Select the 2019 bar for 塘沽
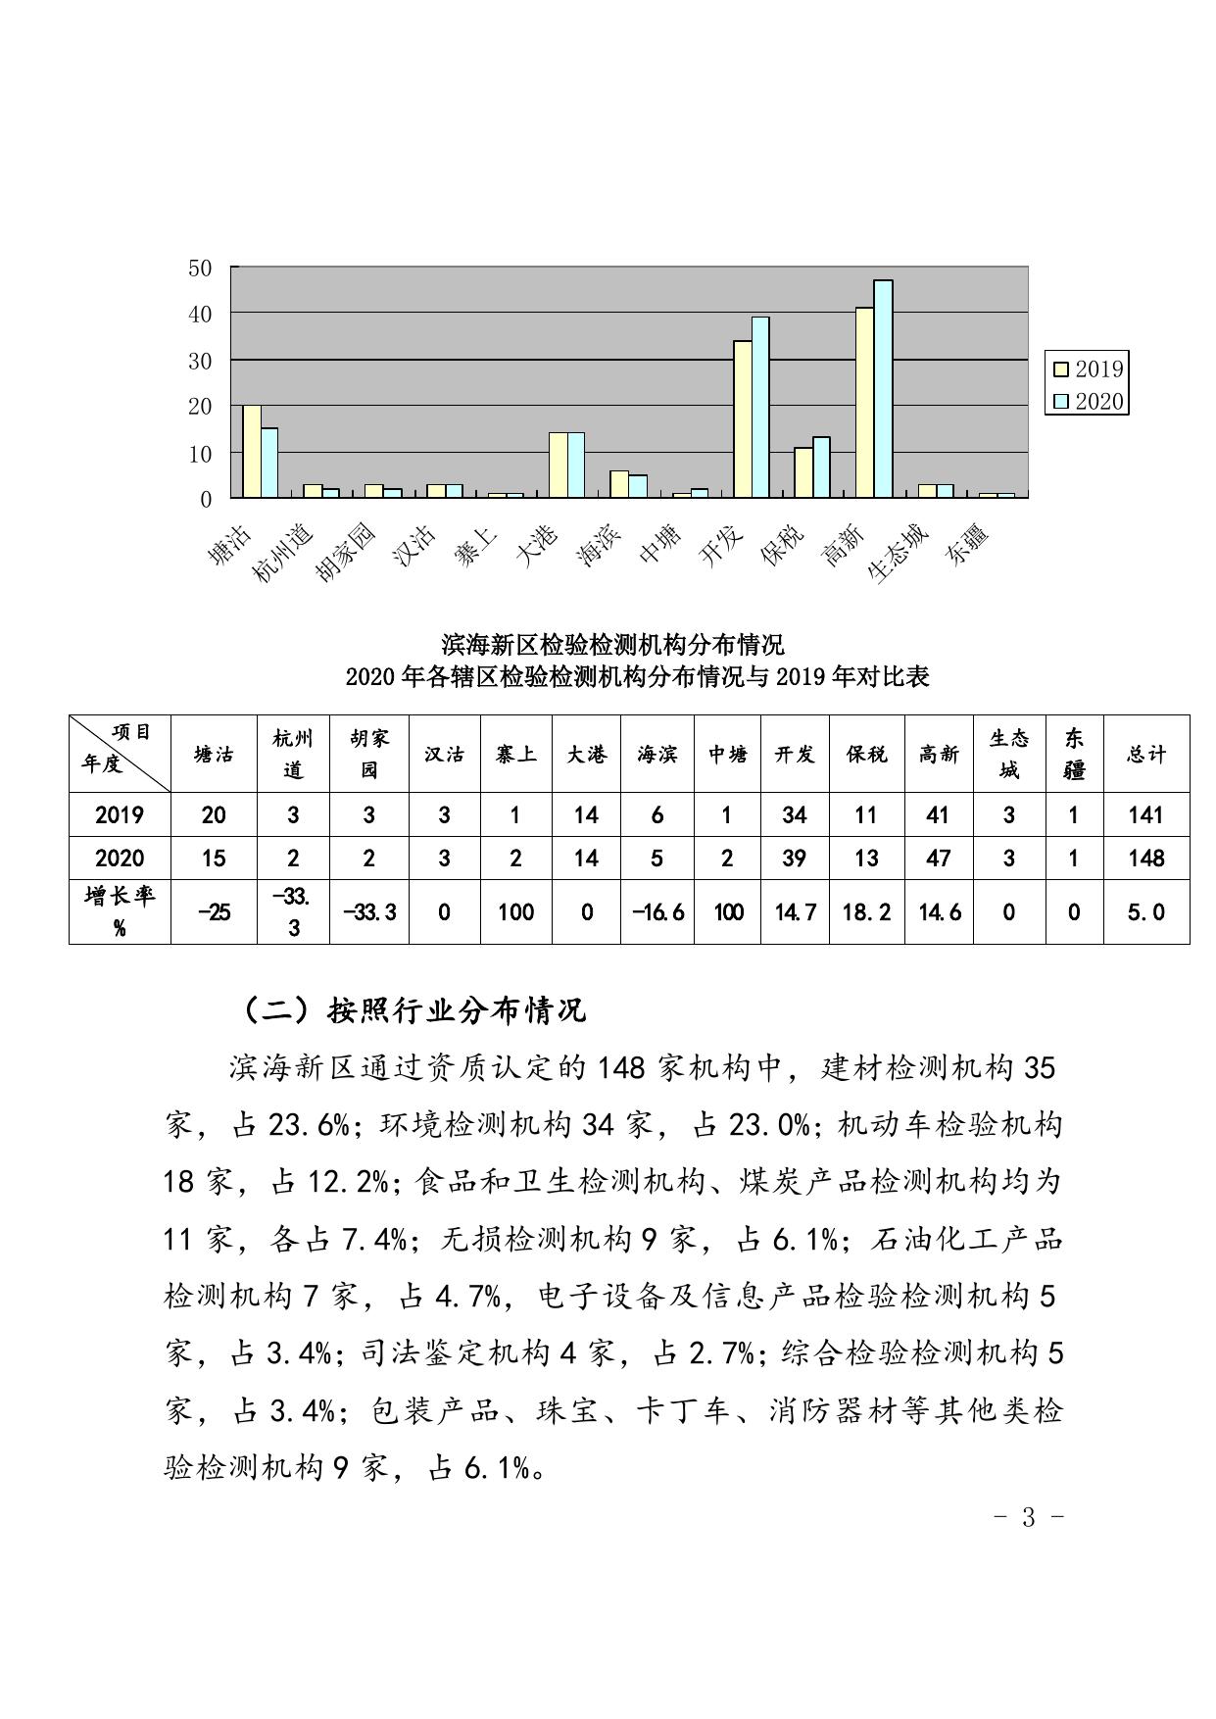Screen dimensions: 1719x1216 (x=252, y=451)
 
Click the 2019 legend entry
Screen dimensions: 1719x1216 (x=1088, y=369)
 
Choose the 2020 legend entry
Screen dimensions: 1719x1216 (x=1088, y=402)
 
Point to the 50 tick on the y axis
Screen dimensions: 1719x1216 (x=200, y=268)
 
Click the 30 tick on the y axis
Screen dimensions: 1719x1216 (x=200, y=361)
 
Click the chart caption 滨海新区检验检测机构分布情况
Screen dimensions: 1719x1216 (x=612, y=645)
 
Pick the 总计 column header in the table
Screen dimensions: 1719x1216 (x=1145, y=754)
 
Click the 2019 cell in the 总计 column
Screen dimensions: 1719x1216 (x=1145, y=814)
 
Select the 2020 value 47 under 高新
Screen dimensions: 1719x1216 (x=939, y=859)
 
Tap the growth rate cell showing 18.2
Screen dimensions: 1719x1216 (x=866, y=911)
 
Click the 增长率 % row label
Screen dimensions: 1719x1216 (x=120, y=910)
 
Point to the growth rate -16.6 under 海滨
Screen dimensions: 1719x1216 (x=657, y=911)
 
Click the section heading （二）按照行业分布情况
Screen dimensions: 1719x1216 (x=413, y=1009)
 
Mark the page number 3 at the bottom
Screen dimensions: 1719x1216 (x=1029, y=1518)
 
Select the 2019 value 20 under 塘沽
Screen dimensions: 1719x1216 (x=214, y=814)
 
